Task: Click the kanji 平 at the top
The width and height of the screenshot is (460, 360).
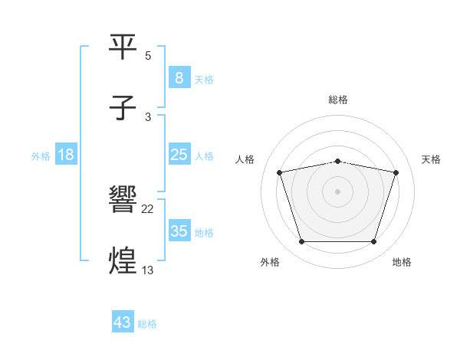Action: (123, 47)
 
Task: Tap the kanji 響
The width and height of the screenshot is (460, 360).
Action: (123, 201)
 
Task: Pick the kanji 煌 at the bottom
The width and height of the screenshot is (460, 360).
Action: (123, 260)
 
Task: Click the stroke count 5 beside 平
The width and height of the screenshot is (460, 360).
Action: (148, 56)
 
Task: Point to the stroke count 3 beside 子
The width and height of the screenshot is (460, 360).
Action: (148, 116)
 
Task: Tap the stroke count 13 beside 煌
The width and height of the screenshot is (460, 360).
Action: (148, 270)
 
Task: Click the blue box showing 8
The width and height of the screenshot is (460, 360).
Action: (179, 77)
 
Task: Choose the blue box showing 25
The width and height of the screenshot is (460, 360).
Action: (179, 155)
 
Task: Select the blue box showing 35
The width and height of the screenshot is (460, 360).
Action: (179, 231)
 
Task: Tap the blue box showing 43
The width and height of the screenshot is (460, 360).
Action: (123, 322)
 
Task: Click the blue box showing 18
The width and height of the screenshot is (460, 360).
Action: (66, 155)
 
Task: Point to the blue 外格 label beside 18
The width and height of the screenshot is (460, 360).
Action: (41, 155)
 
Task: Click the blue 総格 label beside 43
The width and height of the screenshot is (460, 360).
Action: (147, 324)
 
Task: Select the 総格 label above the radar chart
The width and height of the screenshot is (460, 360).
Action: (338, 100)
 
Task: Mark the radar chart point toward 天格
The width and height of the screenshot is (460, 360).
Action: (396, 172)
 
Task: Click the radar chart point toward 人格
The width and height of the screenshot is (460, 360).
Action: (280, 172)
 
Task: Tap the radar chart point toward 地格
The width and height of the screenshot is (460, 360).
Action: (373, 242)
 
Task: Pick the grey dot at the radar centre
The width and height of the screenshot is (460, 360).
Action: (338, 191)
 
